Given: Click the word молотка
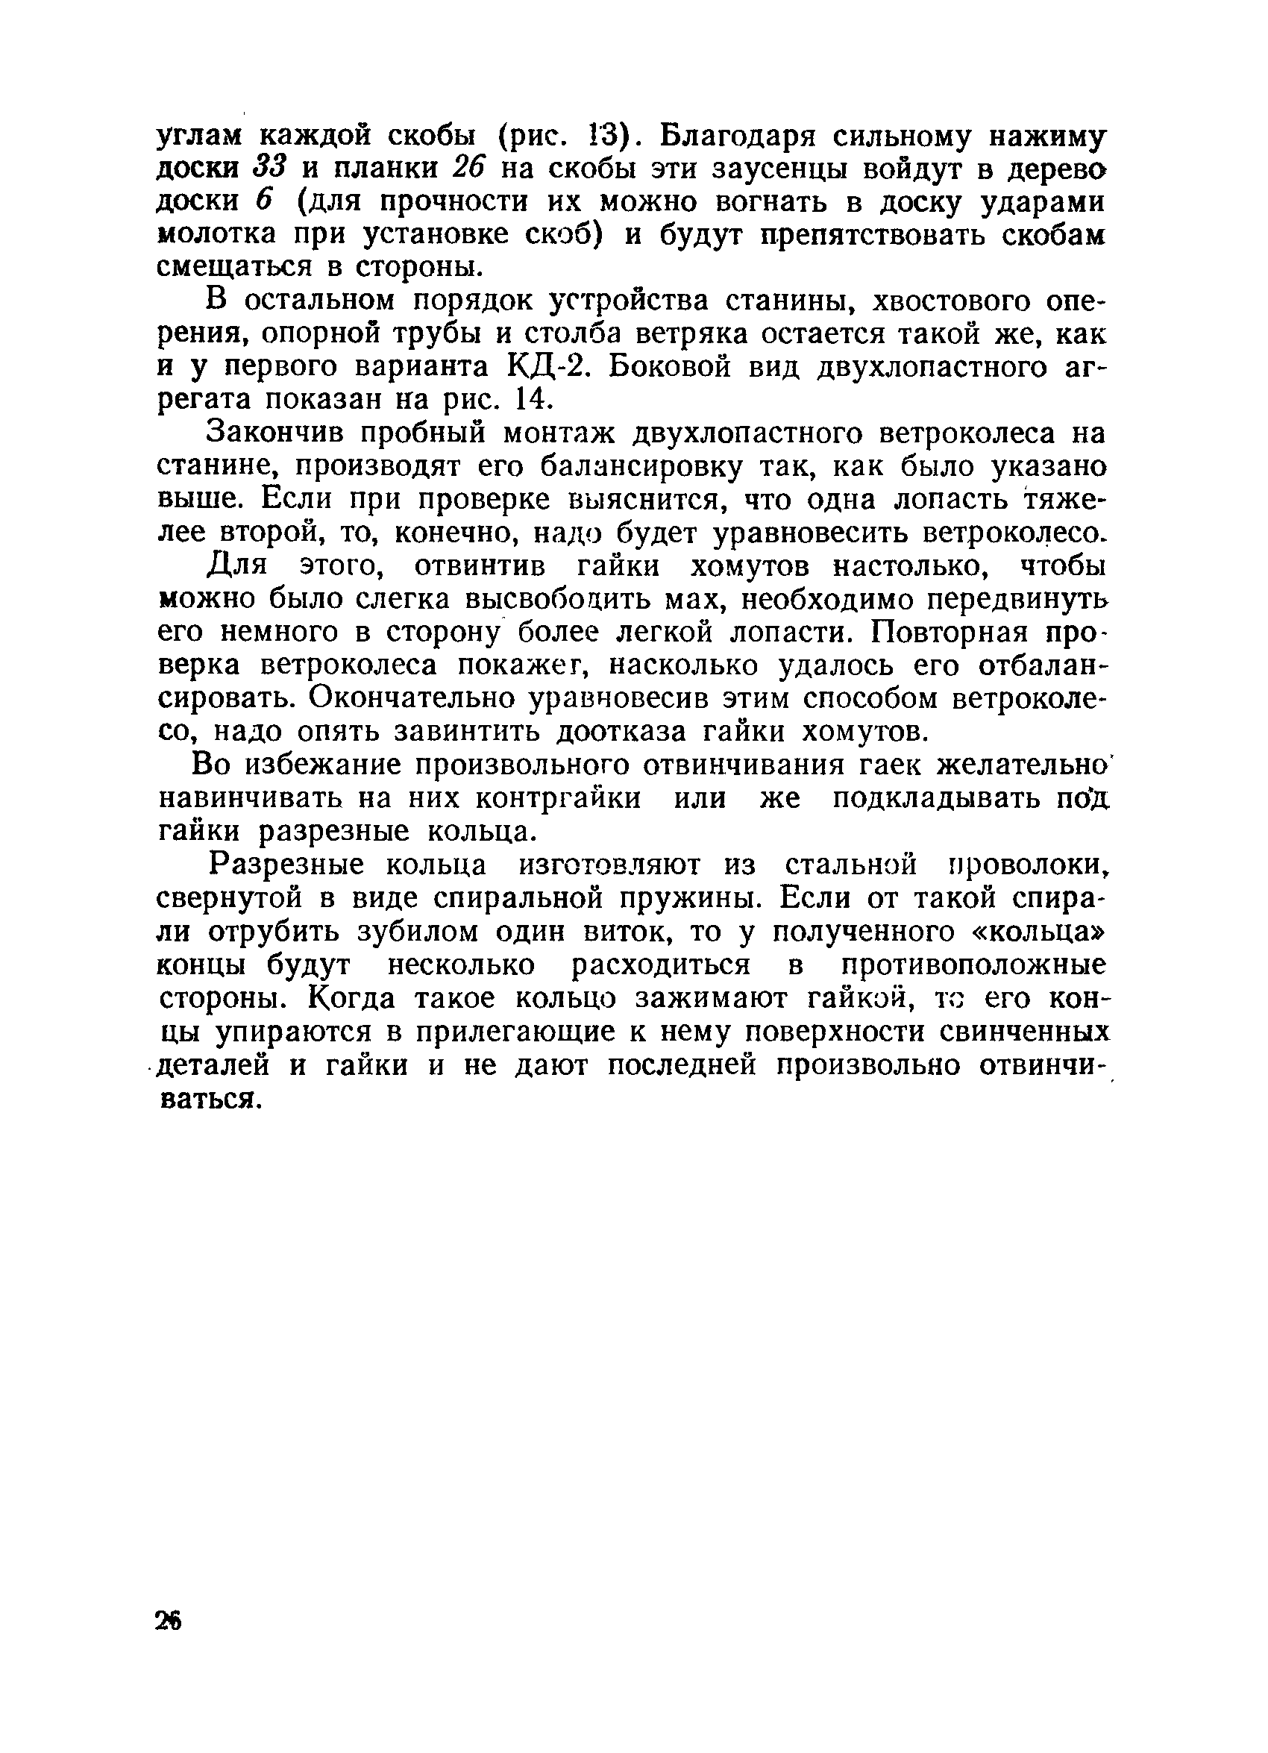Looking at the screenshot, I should click(x=210, y=234).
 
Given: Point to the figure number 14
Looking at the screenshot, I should click(x=533, y=400).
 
